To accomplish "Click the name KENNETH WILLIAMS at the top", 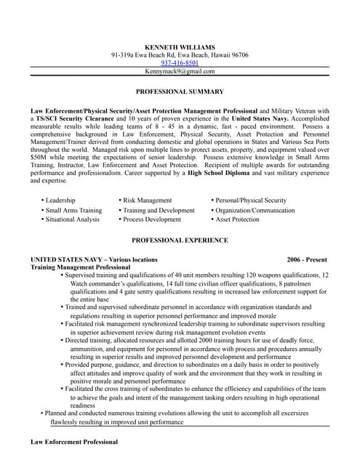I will tap(180, 46).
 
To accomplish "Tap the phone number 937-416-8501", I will tap(180, 63).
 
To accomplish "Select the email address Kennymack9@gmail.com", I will tap(180, 71).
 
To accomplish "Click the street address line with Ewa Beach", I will tap(180, 55).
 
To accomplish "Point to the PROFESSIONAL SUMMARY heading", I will tap(180, 92).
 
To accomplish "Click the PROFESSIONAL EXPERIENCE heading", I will tap(180, 240).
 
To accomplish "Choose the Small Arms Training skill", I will tap(73, 210).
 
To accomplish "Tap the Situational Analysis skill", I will tap(72, 219).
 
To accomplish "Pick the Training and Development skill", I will tap(159, 210).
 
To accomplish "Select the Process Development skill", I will tap(152, 219).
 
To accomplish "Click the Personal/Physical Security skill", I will tap(250, 200).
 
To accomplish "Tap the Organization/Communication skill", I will tap(255, 210).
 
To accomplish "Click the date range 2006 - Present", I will tap(307, 259).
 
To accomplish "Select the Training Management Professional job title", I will tap(80, 267).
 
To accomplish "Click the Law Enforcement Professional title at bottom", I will tap(73, 442).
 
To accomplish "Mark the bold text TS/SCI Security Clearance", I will tap(75, 118).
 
